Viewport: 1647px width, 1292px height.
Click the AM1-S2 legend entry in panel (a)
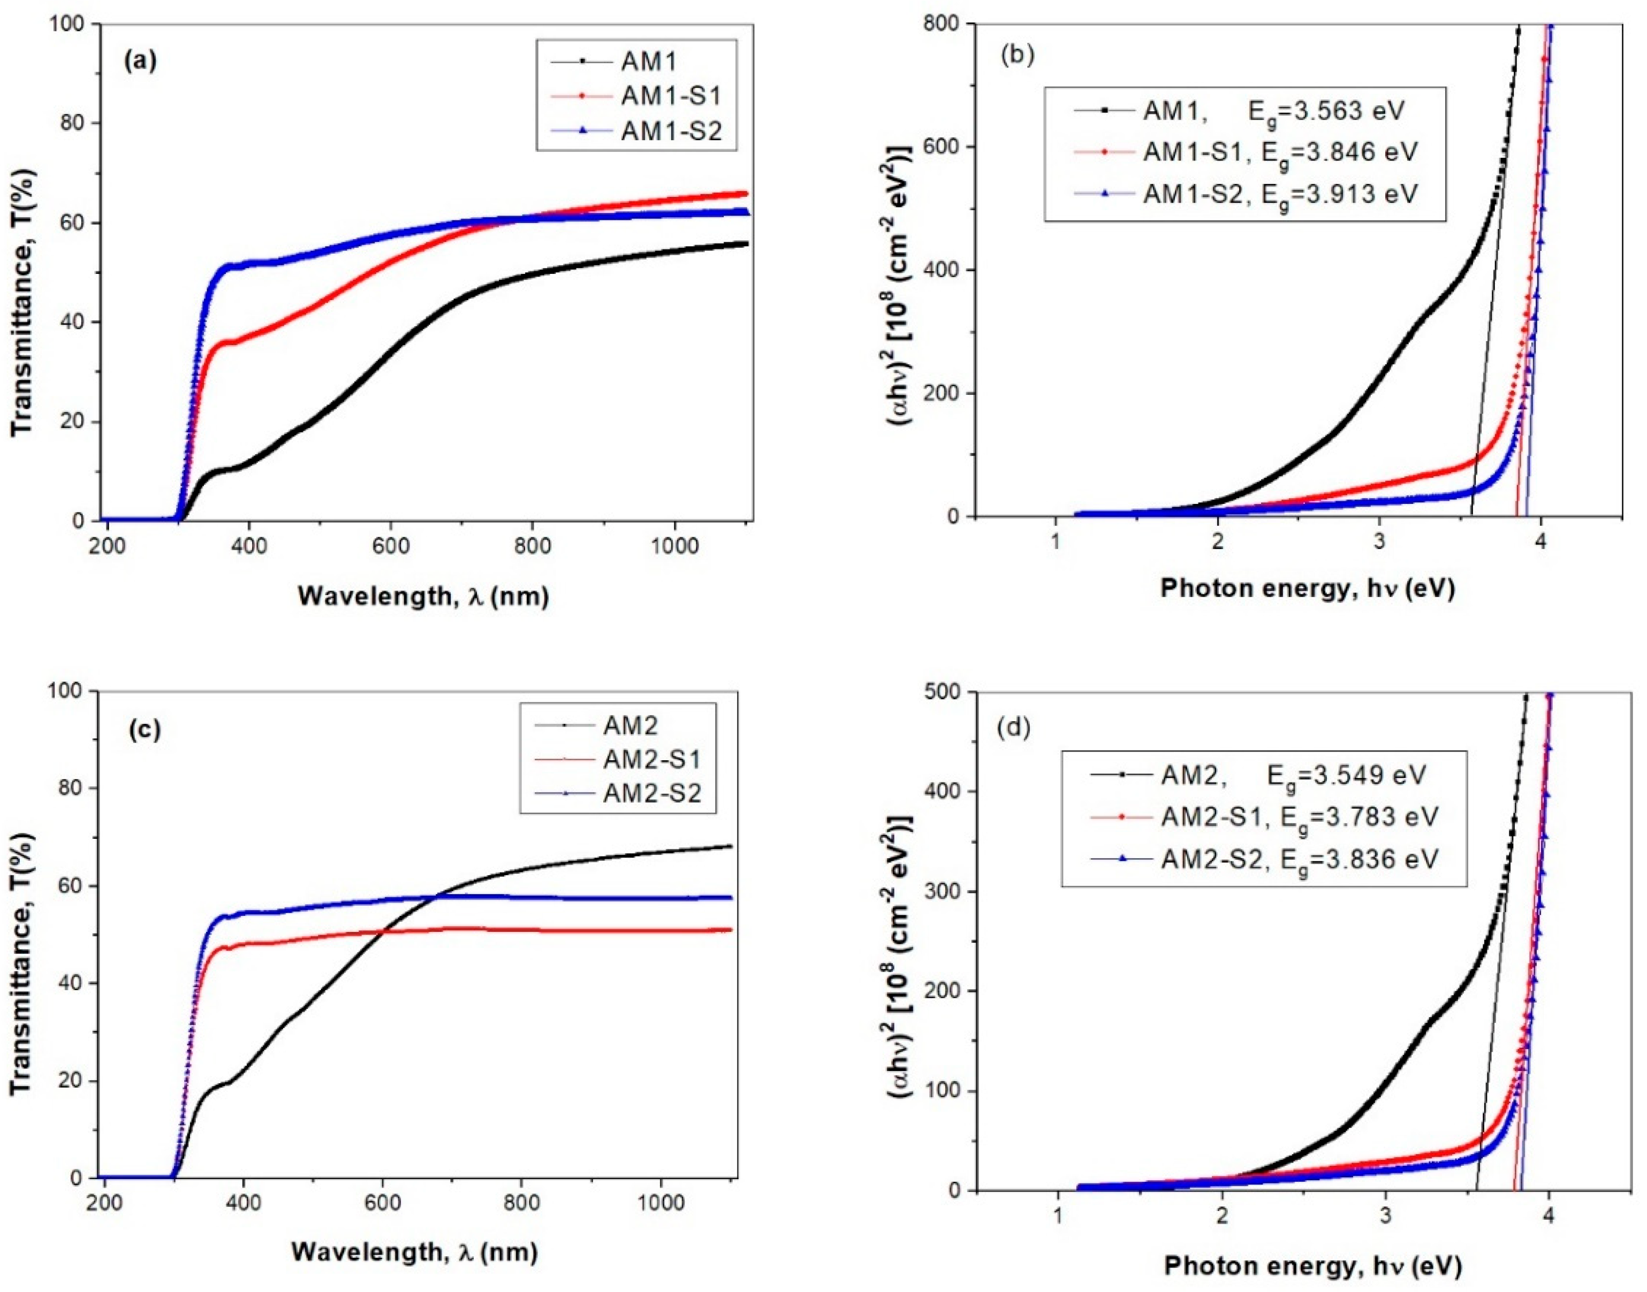671,130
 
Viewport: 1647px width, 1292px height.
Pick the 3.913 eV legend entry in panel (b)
1279,194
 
